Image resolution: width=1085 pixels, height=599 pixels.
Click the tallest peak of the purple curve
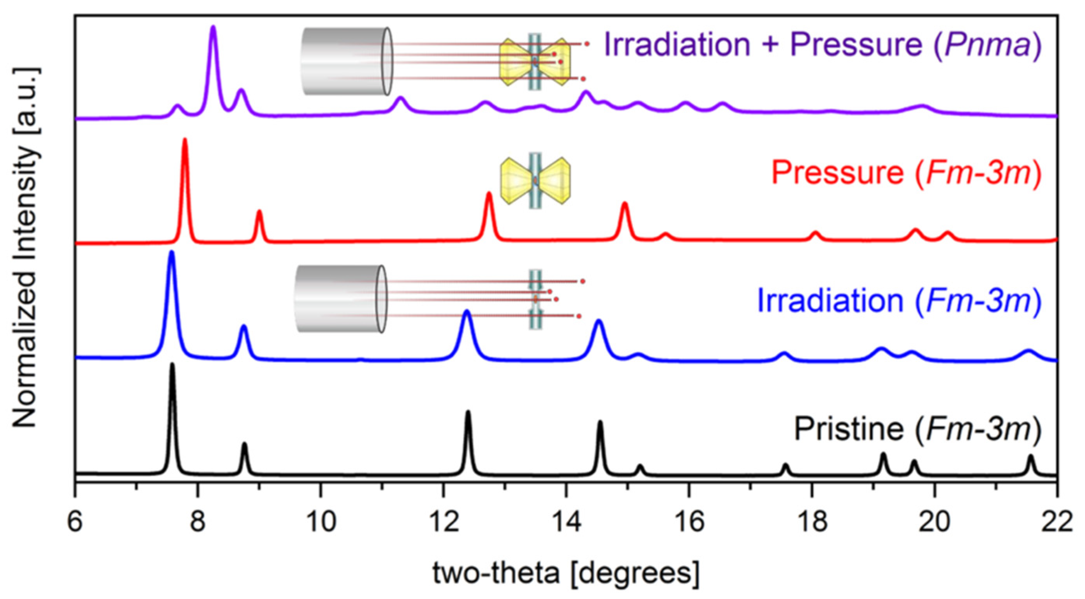pos(213,28)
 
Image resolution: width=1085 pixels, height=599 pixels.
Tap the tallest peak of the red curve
pos(185,141)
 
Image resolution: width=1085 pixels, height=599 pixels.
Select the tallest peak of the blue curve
pos(171,253)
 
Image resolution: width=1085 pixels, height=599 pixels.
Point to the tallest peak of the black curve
pos(172,365)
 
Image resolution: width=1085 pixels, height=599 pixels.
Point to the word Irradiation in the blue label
pos(830,300)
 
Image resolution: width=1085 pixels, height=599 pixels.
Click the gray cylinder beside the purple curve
pos(346,61)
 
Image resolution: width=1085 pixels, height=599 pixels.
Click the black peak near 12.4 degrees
pos(467,413)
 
